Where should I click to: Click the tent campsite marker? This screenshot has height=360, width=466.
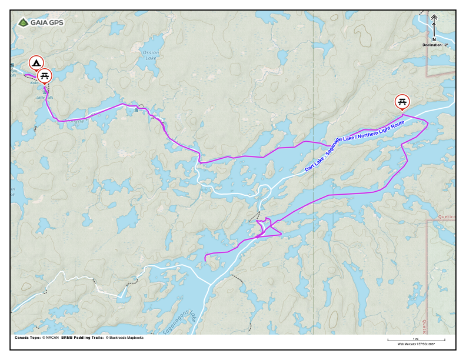pos(36,62)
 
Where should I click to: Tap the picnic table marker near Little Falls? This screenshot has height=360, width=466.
pos(45,76)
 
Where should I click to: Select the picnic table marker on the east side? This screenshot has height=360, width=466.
pos(402,102)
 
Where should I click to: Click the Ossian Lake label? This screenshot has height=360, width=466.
pos(151,55)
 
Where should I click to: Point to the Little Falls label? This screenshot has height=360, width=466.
pos(44,97)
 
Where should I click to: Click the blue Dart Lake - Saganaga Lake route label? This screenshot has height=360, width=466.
pos(354,145)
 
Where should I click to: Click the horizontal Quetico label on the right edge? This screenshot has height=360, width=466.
pos(446,216)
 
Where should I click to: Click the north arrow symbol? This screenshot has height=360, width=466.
pos(434,24)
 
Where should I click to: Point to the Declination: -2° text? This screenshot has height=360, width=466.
pos(435,45)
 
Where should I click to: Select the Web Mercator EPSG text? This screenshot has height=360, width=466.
pos(416,344)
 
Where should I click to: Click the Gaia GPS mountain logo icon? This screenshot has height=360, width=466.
pos(23,22)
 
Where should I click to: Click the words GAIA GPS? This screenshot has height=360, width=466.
pos(47,22)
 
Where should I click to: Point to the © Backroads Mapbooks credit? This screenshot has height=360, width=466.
pos(125,338)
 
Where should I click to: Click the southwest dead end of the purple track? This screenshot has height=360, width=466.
pos(204,259)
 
